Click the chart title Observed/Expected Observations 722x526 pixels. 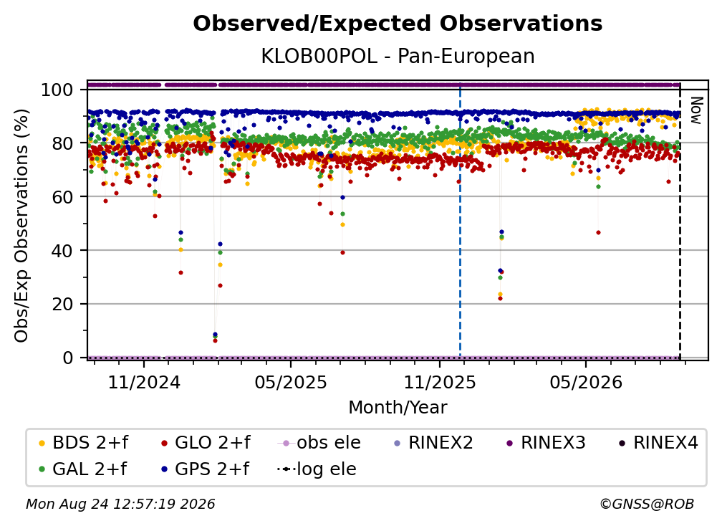click(x=398, y=24)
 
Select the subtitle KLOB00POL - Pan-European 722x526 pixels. click(x=398, y=56)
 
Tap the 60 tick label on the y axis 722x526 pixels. click(x=62, y=196)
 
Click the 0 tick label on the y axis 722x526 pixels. click(x=68, y=358)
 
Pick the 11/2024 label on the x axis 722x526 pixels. click(x=144, y=382)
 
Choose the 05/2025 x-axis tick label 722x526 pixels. click(x=291, y=382)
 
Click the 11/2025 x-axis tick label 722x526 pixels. click(x=440, y=382)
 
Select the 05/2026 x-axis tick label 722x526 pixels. click(x=586, y=382)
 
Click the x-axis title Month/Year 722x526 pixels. click(x=398, y=407)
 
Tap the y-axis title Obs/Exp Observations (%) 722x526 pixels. click(x=21, y=226)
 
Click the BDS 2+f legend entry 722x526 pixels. click(x=83, y=443)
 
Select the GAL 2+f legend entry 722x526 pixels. click(x=83, y=469)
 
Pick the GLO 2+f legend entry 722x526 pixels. click(x=206, y=443)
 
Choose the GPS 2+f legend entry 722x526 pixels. click(x=206, y=469)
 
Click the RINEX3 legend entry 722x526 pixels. click(x=546, y=443)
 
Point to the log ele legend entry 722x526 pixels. click(x=317, y=469)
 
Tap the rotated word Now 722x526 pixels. click(x=695, y=110)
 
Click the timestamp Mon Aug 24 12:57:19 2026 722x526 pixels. click(x=120, y=504)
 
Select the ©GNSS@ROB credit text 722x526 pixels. click(x=647, y=504)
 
